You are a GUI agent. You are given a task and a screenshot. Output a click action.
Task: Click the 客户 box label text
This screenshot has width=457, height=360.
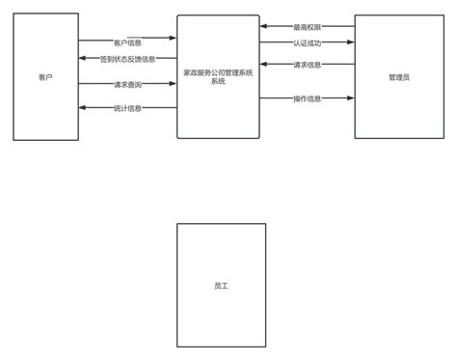click(x=45, y=77)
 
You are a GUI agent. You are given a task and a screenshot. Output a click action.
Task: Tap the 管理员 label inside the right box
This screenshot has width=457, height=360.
click(x=398, y=77)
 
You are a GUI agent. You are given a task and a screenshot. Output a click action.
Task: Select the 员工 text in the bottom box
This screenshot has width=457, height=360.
click(x=221, y=286)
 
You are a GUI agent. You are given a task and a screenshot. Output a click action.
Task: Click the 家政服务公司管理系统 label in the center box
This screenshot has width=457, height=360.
click(x=218, y=74)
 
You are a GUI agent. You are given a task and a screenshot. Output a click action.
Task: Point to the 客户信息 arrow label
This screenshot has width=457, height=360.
click(x=127, y=42)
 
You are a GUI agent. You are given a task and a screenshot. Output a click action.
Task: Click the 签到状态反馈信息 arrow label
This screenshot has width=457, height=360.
click(x=127, y=59)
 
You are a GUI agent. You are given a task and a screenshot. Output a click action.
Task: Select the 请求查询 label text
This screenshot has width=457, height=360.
click(x=127, y=85)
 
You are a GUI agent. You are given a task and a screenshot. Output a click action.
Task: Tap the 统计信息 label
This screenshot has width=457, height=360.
click(x=127, y=108)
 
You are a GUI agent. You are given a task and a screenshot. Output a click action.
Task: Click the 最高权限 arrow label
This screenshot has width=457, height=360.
click(x=307, y=27)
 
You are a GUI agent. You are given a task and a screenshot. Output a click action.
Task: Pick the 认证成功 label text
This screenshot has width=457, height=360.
click(x=307, y=42)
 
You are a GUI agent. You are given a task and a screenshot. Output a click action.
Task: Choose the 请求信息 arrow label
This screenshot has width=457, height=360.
click(x=307, y=65)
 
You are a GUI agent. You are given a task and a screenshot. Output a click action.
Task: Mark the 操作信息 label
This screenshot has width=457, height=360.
click(x=307, y=97)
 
